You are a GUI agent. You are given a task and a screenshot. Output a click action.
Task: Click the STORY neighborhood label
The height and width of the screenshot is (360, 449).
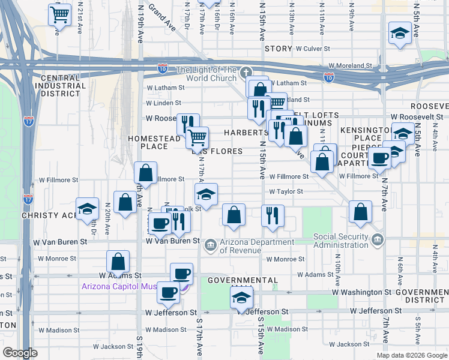[278, 49]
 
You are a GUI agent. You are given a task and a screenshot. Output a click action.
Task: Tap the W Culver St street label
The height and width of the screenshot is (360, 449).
[312, 49]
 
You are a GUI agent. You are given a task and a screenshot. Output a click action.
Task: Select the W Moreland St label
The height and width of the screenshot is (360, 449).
[351, 66]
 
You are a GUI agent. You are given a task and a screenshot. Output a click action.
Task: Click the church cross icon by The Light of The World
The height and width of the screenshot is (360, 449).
[250, 72]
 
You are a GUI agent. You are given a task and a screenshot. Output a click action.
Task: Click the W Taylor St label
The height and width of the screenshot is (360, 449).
[286, 191]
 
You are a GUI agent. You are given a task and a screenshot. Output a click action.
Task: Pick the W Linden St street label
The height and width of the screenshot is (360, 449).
[164, 103]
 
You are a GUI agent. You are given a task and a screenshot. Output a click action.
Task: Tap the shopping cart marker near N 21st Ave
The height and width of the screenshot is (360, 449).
[59, 14]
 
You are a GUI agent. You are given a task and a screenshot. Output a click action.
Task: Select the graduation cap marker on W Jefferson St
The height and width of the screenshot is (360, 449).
[241, 298]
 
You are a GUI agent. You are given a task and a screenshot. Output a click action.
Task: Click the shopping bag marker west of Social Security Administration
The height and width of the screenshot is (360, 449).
[359, 212]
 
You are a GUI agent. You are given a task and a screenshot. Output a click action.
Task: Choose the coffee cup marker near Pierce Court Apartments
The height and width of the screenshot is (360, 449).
[379, 158]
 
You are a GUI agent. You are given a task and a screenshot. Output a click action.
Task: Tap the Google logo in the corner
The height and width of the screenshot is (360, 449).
[20, 353]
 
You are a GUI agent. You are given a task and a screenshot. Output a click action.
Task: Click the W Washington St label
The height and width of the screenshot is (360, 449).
[362, 292]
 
